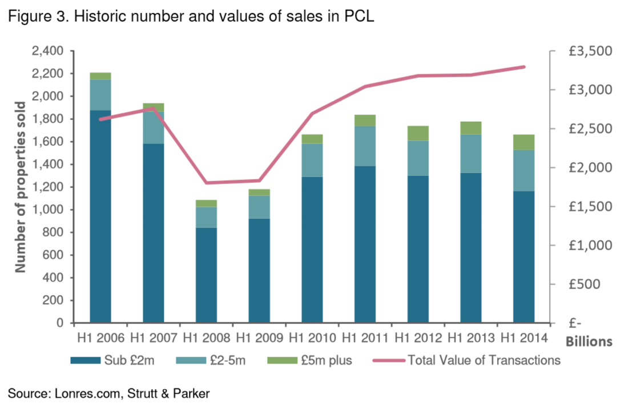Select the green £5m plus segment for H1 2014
[523, 142]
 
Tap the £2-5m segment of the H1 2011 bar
[365, 146]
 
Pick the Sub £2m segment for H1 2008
[206, 275]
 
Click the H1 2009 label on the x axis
[259, 337]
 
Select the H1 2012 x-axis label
[418, 337]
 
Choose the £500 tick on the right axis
[594, 284]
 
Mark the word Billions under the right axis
[589, 342]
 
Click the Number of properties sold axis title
[21, 187]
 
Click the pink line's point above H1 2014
[524, 67]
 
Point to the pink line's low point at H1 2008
[206, 183]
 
